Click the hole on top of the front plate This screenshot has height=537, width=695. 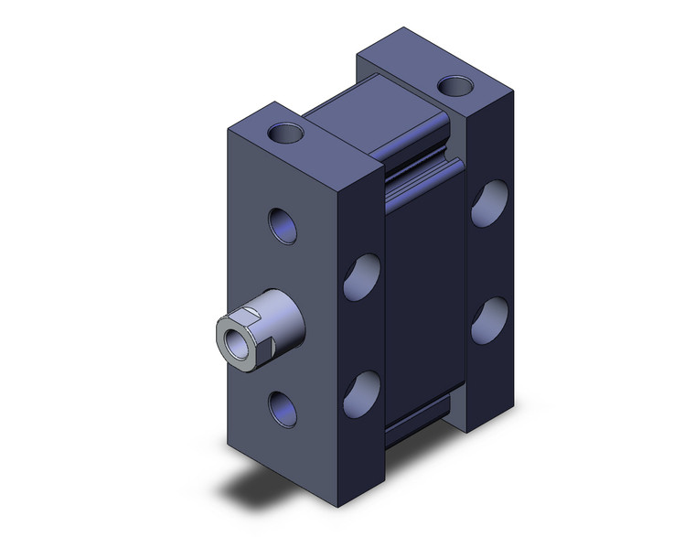(288, 134)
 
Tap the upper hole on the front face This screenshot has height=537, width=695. (283, 225)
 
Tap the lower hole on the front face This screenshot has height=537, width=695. (283, 407)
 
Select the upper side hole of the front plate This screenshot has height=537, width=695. (361, 277)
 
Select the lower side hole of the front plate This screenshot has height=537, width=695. (361, 392)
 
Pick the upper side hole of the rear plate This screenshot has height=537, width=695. (489, 203)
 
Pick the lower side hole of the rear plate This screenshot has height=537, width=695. (489, 320)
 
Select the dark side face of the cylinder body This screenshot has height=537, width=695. (425, 302)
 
